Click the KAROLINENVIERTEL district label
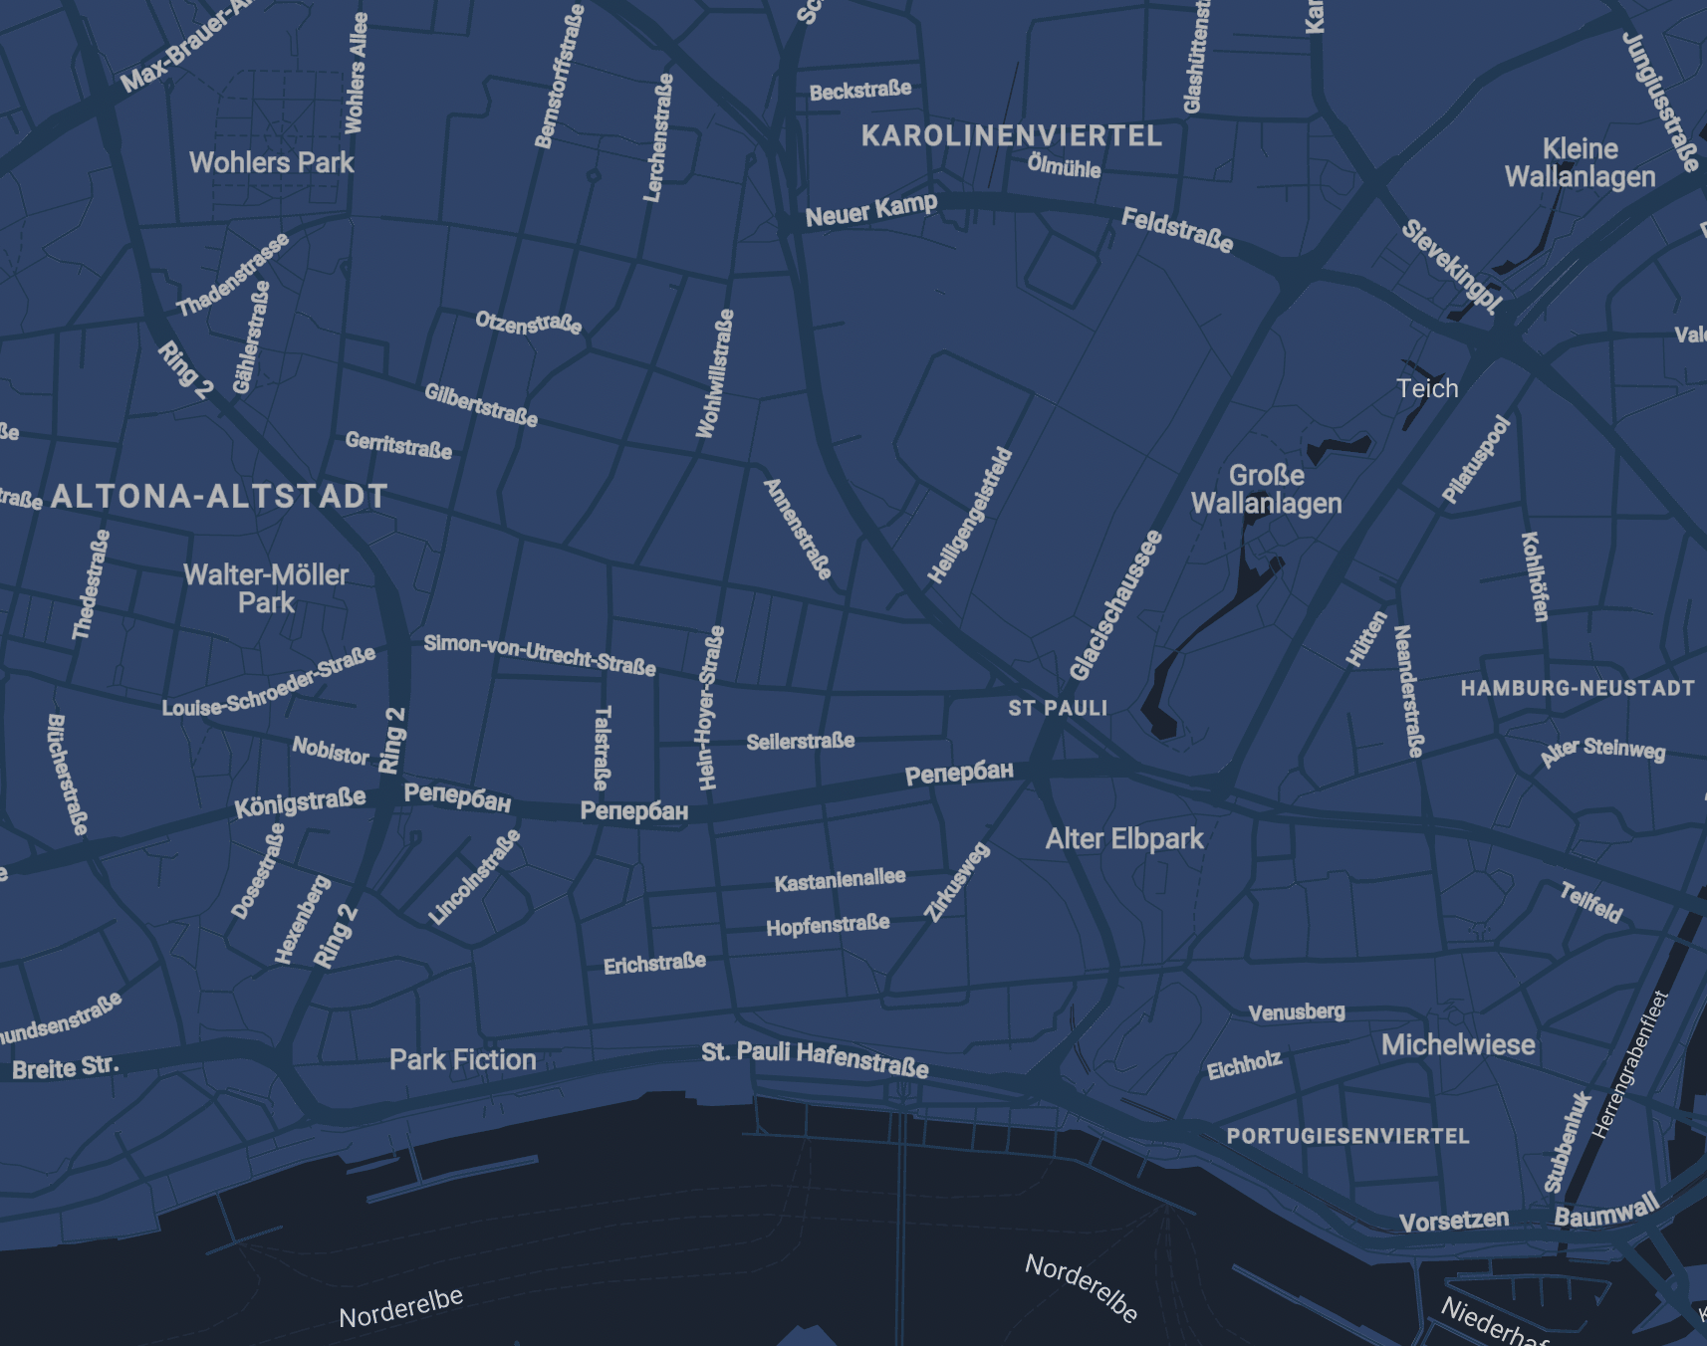(x=1011, y=136)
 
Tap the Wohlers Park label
(x=271, y=162)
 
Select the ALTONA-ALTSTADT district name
(x=219, y=496)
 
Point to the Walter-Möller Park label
(x=266, y=588)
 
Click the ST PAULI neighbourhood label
(x=1058, y=708)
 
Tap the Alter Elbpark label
(x=1124, y=839)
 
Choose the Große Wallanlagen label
(x=1266, y=489)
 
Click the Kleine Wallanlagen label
(x=1580, y=162)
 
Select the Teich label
(x=1426, y=388)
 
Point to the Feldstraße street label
(x=1177, y=230)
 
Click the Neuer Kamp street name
(x=871, y=210)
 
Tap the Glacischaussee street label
(x=1115, y=605)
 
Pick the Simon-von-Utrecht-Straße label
(x=540, y=655)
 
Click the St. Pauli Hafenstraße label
(x=815, y=1059)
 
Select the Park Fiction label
(x=462, y=1059)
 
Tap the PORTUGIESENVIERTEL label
(x=1347, y=1136)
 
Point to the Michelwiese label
(x=1458, y=1044)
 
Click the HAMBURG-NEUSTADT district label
(x=1578, y=688)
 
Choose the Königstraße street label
(x=300, y=802)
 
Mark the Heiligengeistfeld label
(x=970, y=516)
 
